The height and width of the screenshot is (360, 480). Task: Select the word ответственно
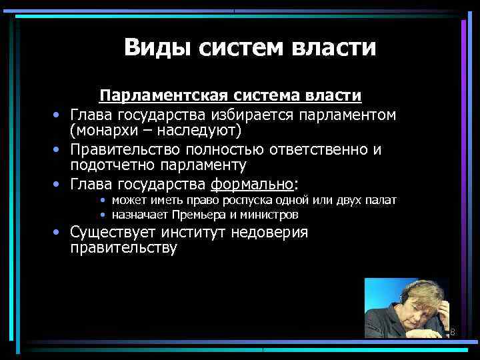click(x=327, y=149)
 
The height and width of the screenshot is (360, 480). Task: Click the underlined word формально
click(x=252, y=183)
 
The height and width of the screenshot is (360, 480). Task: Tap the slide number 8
click(x=452, y=332)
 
